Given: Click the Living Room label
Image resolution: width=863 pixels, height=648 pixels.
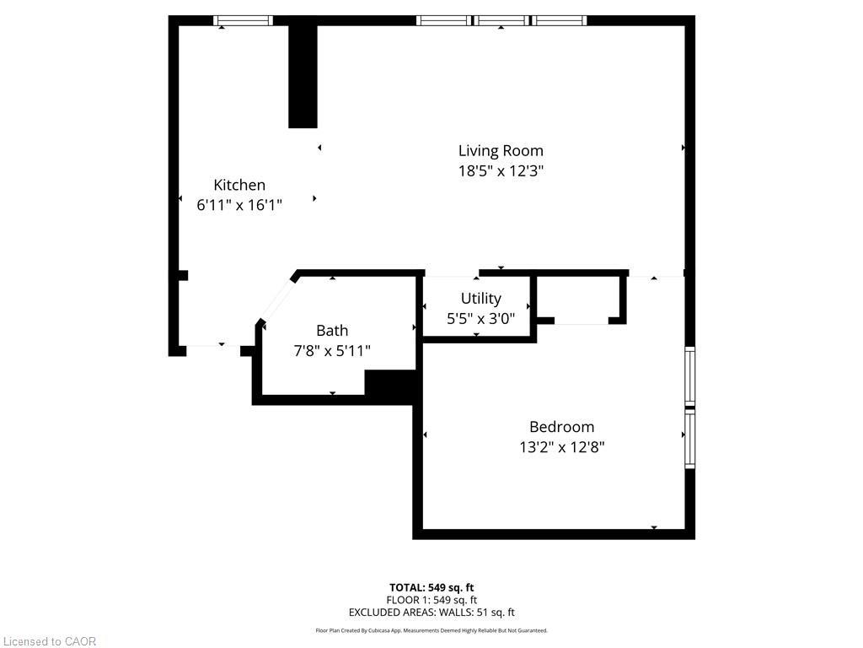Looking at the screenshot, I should [x=501, y=151].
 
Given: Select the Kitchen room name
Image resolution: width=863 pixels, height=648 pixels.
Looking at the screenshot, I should [x=239, y=185].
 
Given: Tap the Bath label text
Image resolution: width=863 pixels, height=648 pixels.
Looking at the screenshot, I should [x=331, y=330].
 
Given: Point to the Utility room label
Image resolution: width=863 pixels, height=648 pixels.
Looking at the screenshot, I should [x=480, y=298].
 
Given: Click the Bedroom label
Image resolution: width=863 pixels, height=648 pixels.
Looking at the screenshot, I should [x=561, y=427].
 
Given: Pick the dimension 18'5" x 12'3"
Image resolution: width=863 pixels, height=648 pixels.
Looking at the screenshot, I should [x=501, y=170].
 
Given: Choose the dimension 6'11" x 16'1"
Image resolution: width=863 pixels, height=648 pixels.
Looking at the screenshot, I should [x=239, y=204].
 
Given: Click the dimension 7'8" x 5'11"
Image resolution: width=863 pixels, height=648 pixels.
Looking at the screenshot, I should [x=331, y=350].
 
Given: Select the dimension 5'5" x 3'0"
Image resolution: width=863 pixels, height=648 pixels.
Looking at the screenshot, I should [x=480, y=318].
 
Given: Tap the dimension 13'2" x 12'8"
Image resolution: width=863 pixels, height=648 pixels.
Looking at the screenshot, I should [x=561, y=447].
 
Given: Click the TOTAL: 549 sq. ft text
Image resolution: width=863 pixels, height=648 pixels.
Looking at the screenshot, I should [x=431, y=587].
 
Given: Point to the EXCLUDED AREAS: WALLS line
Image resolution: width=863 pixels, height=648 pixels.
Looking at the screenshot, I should [x=431, y=613].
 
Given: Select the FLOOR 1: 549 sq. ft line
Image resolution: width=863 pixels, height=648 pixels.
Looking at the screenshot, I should [x=431, y=600].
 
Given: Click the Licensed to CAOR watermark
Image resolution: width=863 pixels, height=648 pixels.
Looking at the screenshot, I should [x=49, y=641].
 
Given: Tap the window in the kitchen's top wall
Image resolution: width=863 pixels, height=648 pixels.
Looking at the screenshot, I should [x=243, y=21].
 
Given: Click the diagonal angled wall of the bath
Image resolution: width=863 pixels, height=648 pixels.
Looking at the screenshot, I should [x=277, y=297].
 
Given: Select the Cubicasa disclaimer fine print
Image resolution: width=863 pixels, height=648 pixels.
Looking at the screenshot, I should [x=431, y=630].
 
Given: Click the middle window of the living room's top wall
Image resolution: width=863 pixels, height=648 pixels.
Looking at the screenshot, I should [x=501, y=21].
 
